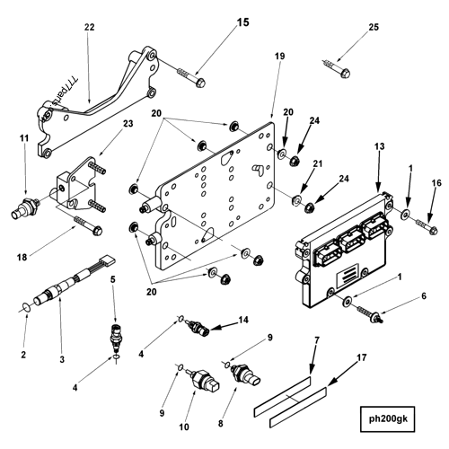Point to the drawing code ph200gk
point(396,418)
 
